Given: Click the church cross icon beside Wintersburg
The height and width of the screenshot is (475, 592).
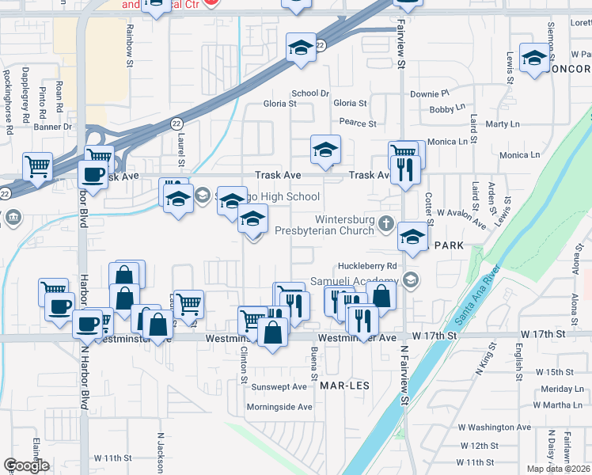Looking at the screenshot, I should click(x=385, y=222).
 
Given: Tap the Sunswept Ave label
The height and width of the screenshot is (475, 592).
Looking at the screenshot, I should click(x=278, y=387).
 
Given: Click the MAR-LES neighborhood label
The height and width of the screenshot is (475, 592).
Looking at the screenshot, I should click(x=346, y=385).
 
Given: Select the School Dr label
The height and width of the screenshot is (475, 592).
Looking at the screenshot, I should click(x=309, y=93).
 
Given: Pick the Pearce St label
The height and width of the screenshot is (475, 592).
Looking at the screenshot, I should click(x=358, y=123).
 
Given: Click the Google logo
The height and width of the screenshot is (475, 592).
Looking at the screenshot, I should click(x=25, y=465).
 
